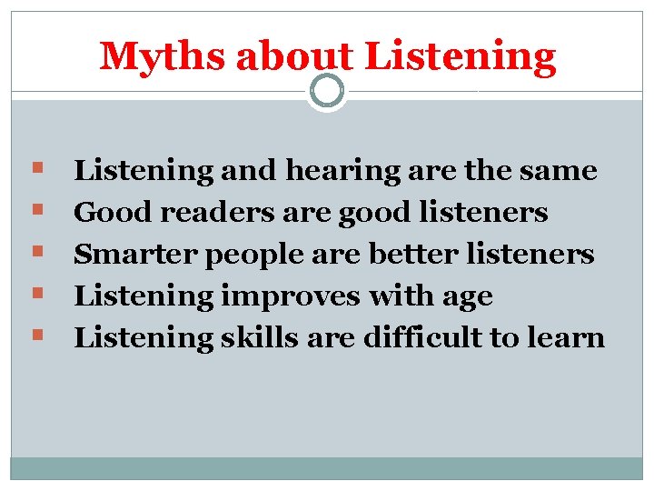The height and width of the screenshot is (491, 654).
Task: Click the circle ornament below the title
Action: point(327,89)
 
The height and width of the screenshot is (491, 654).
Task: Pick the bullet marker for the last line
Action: point(35,336)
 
